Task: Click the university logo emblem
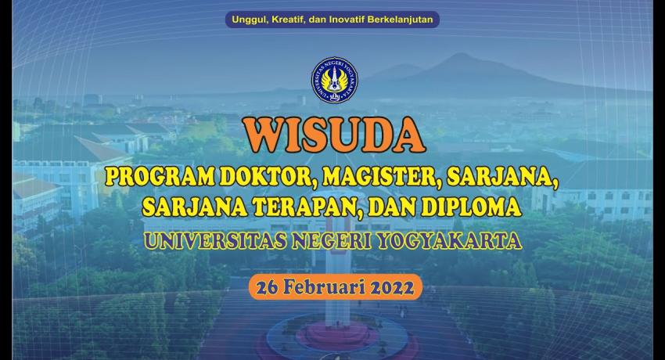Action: pyautogui.click(x=335, y=81)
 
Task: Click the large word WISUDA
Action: pyautogui.click(x=334, y=135)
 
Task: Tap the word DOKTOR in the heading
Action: pyautogui.click(x=268, y=177)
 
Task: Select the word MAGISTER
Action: pyautogui.click(x=379, y=177)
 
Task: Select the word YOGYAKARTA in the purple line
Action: pyautogui.click(x=450, y=241)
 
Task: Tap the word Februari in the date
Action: pyautogui.click(x=324, y=287)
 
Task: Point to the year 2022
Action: pyautogui.click(x=392, y=288)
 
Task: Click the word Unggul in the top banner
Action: pyautogui.click(x=247, y=20)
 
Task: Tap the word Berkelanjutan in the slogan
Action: pyautogui.click(x=400, y=20)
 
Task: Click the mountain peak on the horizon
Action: pyautogui.click(x=459, y=54)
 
